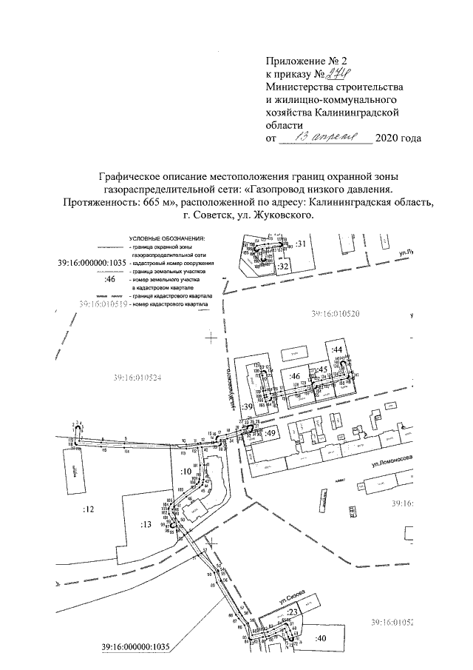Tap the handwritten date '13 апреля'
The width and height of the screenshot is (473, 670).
pyautogui.click(x=326, y=138)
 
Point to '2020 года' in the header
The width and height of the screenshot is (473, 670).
pyautogui.click(x=399, y=138)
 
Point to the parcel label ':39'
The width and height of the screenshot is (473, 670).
pyautogui.click(x=248, y=406)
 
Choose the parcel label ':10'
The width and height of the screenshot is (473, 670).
pyautogui.click(x=186, y=471)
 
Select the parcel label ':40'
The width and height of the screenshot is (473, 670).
pyautogui.click(x=320, y=638)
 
